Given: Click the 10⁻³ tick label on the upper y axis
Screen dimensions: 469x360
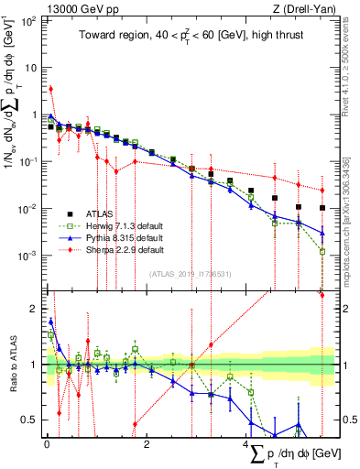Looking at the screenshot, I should pos(29,255).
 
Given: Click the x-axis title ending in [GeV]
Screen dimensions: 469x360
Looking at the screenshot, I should pos(284,453).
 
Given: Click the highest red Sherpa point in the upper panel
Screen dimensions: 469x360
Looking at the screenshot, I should pos(50,89).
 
